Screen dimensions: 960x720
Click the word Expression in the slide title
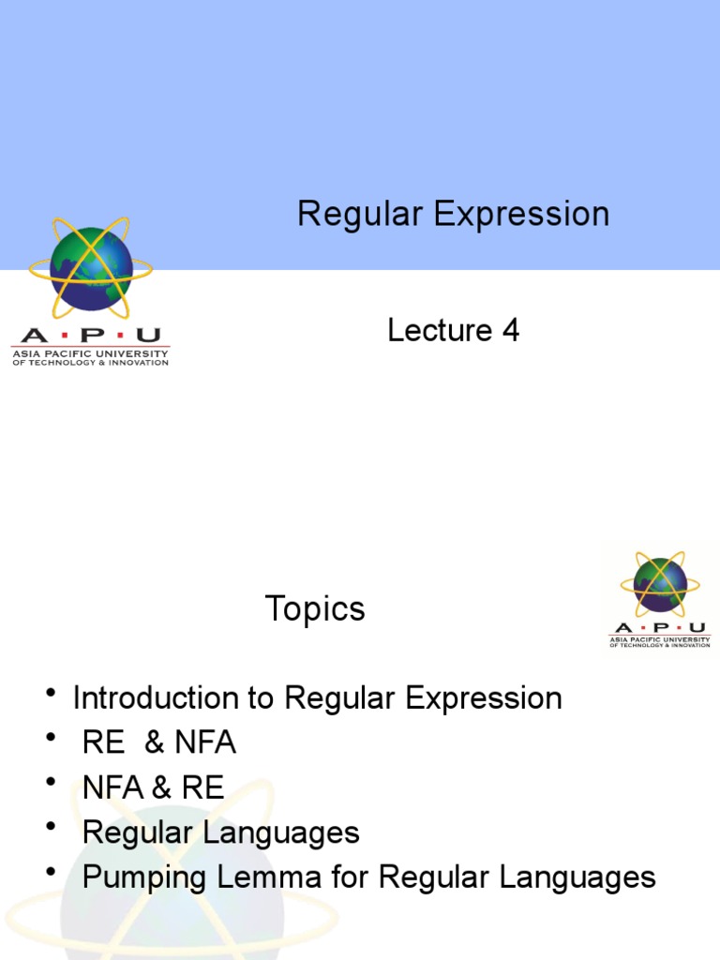pyautogui.click(x=521, y=215)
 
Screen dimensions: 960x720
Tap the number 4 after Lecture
pyautogui.click(x=510, y=330)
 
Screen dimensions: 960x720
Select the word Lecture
pyautogui.click(x=440, y=330)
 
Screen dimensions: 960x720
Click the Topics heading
pyautogui.click(x=314, y=609)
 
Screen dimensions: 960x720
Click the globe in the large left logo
pyautogui.click(x=90, y=268)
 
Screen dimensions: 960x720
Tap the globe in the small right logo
pyautogui.click(x=660, y=585)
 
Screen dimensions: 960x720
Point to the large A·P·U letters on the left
pyautogui.click(x=90, y=335)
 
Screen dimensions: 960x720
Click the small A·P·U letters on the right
pyautogui.click(x=660, y=627)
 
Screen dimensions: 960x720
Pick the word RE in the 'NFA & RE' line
pyautogui.click(x=204, y=788)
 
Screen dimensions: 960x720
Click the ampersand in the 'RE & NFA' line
pyautogui.click(x=157, y=743)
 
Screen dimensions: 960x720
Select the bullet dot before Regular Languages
pyautogui.click(x=50, y=828)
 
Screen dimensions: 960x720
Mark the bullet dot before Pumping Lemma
pyautogui.click(x=50, y=873)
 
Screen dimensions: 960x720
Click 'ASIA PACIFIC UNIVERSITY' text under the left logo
pyautogui.click(x=90, y=353)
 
